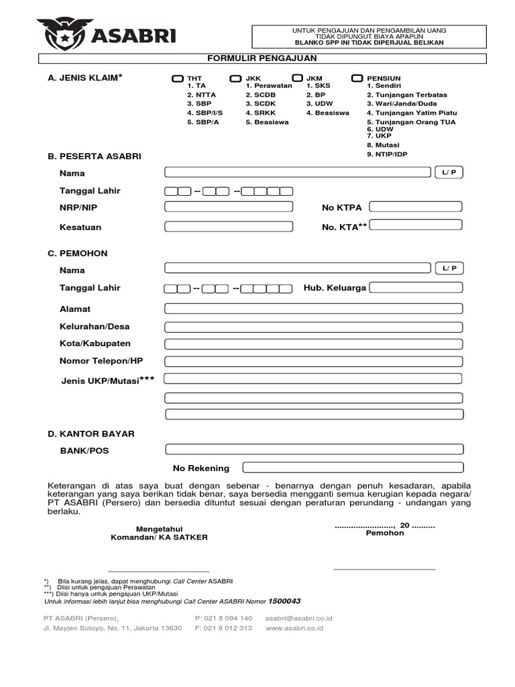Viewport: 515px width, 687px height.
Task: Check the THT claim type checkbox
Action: pos(177,79)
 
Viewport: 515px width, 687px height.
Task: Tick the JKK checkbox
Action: pos(235,79)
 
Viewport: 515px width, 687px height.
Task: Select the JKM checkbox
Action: pos(296,79)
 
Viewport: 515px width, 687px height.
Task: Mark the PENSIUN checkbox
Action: pos(357,79)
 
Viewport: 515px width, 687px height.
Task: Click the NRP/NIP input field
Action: pos(229,207)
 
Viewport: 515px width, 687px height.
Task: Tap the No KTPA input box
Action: pos(416,207)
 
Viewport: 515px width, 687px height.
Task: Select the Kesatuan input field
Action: pos(229,226)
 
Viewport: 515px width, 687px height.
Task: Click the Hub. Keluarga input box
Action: pos(416,288)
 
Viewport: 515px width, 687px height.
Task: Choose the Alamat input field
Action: pos(313,309)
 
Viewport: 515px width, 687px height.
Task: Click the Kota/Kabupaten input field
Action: pos(313,344)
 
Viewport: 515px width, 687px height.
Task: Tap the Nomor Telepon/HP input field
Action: pos(313,362)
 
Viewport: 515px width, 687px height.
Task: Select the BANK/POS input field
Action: pos(313,450)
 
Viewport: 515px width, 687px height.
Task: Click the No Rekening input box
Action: pos(352,468)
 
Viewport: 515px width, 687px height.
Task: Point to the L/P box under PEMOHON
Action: pos(449,268)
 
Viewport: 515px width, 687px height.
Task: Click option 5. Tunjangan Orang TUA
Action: pos(410,122)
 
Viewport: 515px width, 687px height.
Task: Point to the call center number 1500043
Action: pos(284,600)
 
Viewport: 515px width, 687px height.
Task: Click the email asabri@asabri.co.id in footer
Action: pos(298,618)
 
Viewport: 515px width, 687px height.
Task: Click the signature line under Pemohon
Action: pos(384,569)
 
